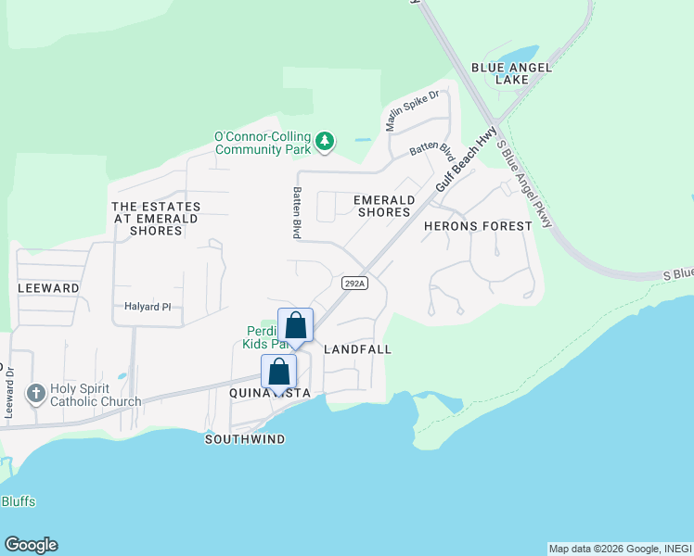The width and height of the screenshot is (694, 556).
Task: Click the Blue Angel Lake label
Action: [511, 73]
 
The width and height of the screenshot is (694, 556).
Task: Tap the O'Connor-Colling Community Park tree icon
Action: [324, 142]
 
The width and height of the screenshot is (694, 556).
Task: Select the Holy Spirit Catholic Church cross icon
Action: [36, 393]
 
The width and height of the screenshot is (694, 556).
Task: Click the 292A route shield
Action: [354, 283]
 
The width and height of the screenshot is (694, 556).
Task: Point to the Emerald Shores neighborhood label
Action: [383, 206]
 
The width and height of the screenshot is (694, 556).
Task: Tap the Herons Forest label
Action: [478, 225]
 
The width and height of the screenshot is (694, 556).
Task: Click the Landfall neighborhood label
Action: [357, 349]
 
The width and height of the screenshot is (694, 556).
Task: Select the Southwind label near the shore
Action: [245, 438]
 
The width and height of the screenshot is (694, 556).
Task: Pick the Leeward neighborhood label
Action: [48, 288]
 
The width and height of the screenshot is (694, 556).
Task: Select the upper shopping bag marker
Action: [296, 326]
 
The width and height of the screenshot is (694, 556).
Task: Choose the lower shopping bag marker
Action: [279, 373]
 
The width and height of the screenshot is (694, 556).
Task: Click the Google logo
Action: [31, 545]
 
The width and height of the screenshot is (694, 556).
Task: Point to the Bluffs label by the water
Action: [18, 501]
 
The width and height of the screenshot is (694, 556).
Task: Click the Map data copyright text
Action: [619, 549]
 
